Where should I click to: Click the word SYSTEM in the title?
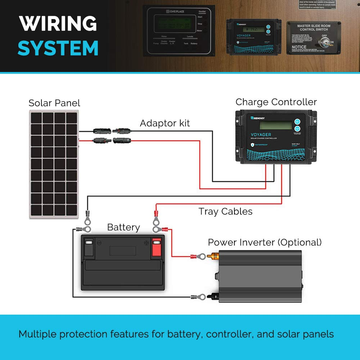tap(58, 48)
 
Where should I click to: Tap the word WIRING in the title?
tap(58, 24)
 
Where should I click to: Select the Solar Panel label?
tap(54, 103)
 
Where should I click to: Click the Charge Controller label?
tap(276, 102)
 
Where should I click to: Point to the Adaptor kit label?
tap(165, 123)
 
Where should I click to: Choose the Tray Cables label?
tap(225, 211)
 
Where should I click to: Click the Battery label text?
tap(123, 228)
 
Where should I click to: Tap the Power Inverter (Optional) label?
tap(265, 242)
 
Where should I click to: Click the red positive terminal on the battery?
tap(157, 247)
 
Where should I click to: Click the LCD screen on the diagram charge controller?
tap(275, 125)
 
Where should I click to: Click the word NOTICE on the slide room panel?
tap(299, 47)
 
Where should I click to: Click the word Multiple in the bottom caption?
tap(37, 334)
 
